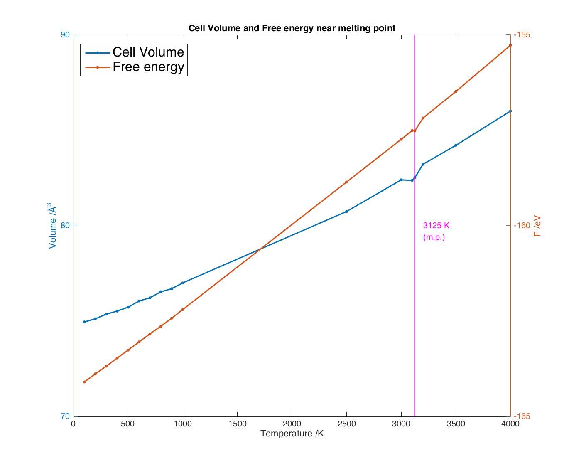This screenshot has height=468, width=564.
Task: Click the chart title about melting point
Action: point(292,28)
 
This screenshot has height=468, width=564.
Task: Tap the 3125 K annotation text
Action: point(436,226)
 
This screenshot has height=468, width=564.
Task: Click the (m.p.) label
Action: point(434,238)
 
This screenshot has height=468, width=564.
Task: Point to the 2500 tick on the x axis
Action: point(346,424)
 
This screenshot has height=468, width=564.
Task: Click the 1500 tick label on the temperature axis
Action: point(237,424)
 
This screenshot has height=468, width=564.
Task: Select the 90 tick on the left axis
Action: point(65,35)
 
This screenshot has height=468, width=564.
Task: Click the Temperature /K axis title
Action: point(292,434)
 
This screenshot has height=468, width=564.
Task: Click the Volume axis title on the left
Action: point(53,226)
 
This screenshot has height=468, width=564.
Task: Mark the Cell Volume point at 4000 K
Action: point(510,111)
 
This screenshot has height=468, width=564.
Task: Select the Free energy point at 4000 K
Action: point(510,45)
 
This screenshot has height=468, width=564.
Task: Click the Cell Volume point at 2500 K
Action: point(346,212)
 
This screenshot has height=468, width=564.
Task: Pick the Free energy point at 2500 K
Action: point(346,182)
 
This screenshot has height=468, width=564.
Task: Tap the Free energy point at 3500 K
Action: point(456,91)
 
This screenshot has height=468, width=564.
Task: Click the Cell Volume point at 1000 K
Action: point(183,283)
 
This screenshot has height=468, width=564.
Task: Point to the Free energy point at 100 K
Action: point(84,382)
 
